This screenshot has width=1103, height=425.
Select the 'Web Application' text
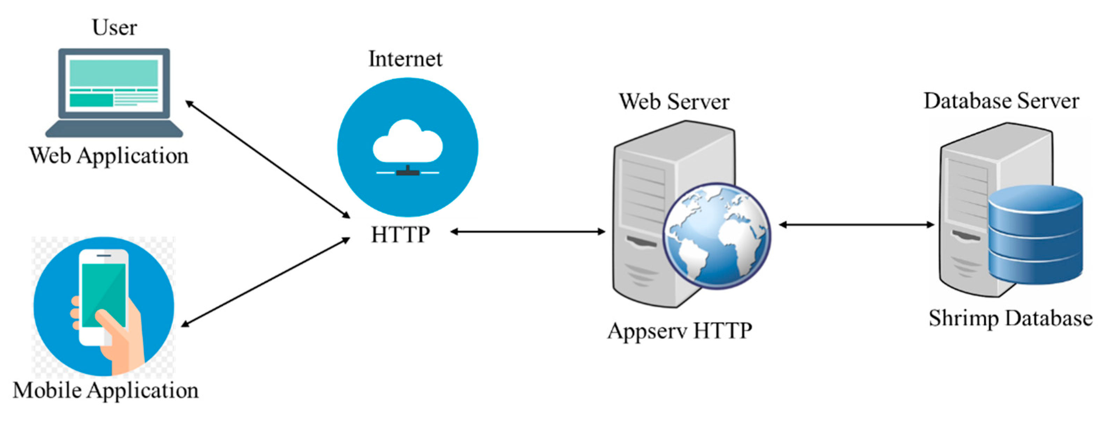click(x=109, y=155)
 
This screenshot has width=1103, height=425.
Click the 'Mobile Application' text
click(x=105, y=390)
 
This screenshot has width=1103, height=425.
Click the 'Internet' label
click(x=405, y=59)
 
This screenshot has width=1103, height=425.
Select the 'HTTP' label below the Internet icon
click(x=400, y=235)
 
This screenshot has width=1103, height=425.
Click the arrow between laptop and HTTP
click(x=268, y=159)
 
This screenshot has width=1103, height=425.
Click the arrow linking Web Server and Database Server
click(x=856, y=224)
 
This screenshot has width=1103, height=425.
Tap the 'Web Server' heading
click(x=674, y=102)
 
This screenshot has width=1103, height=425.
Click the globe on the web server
click(x=716, y=237)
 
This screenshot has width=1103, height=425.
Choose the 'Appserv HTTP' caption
click(x=680, y=331)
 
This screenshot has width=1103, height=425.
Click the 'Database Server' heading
click(x=1001, y=101)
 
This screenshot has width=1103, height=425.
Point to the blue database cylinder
click(x=1035, y=235)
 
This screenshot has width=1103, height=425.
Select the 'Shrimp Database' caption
click(x=1010, y=318)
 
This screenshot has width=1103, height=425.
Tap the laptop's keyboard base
click(x=114, y=129)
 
